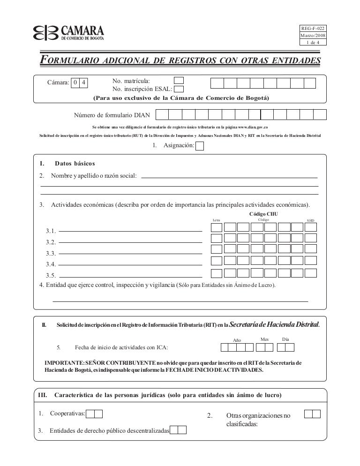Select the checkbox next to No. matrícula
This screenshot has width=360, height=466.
(x=179, y=80)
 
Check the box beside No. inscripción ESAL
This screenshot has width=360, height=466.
(x=179, y=88)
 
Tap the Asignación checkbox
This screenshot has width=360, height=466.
(x=199, y=146)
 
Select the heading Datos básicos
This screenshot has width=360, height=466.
(x=75, y=164)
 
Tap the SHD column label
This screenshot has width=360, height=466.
(x=310, y=220)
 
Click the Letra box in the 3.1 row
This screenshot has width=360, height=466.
(x=217, y=227)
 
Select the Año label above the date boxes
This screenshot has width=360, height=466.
(x=237, y=340)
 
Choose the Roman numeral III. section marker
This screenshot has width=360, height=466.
(x=42, y=395)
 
